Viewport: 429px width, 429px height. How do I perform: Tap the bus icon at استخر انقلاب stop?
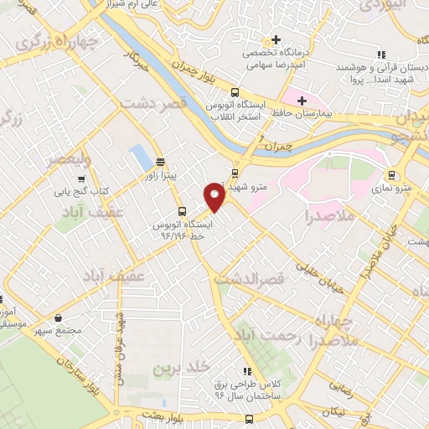[x=234, y=92]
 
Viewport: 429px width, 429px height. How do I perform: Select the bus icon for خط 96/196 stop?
[x=182, y=211]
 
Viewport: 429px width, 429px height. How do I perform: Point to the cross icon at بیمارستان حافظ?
[x=302, y=101]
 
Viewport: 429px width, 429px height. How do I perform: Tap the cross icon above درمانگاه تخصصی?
[x=276, y=39]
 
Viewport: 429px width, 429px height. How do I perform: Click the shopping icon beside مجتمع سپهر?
[x=58, y=318]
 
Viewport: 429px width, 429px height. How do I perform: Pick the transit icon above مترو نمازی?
[x=390, y=175]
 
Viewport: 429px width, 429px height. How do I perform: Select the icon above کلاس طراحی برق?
[x=246, y=371]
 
